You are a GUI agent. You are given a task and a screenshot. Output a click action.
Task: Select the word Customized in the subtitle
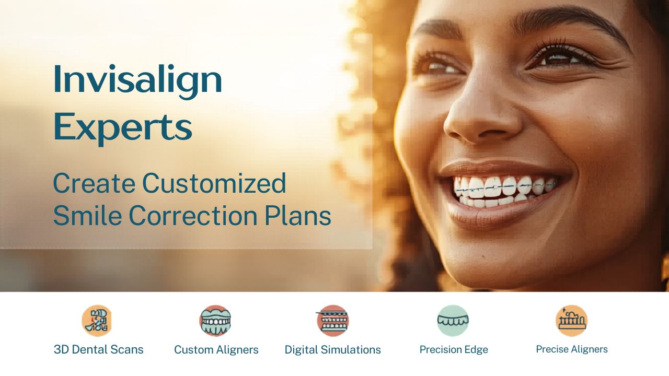(x=214, y=183)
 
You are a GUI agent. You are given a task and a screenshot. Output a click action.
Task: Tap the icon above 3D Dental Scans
(x=97, y=321)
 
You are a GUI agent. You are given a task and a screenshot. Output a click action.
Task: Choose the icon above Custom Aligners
(x=215, y=321)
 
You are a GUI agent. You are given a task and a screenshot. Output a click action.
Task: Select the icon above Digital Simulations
(x=332, y=321)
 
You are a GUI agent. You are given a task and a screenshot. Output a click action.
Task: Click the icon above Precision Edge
(x=453, y=321)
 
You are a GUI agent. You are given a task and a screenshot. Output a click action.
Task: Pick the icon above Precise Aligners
(x=571, y=321)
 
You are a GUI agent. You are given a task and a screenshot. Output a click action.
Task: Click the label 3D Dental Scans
(x=98, y=350)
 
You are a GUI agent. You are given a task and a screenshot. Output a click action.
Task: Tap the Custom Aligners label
(x=216, y=350)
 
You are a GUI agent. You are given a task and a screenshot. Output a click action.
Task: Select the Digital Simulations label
(x=332, y=350)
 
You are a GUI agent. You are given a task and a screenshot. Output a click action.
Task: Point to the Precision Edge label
(x=454, y=350)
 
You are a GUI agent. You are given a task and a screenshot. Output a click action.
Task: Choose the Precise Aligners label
(x=572, y=349)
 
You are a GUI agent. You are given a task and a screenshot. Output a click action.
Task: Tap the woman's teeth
(x=502, y=189)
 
